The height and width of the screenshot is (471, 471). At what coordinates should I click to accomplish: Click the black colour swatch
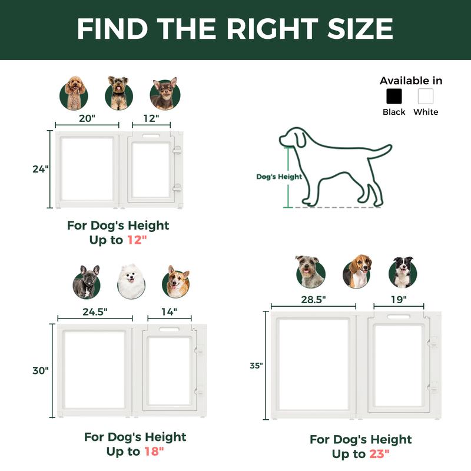(x=394, y=96)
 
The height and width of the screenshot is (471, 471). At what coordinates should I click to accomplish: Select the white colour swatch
(x=425, y=96)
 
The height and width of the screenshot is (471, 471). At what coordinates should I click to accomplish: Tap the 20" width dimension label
(x=87, y=118)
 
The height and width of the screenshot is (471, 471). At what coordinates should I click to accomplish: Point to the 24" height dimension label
(x=41, y=169)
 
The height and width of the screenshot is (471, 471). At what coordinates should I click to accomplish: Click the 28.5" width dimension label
(x=313, y=300)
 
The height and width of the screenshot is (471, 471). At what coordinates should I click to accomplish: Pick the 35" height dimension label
(x=256, y=366)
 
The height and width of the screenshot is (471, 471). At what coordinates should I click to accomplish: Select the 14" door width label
(x=169, y=312)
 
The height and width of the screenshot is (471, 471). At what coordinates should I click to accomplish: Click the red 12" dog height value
(x=137, y=240)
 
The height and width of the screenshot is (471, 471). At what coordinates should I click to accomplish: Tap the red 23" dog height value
(x=379, y=454)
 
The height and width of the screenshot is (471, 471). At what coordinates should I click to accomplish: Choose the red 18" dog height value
(x=154, y=452)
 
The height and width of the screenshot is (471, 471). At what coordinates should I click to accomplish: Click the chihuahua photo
(x=165, y=94)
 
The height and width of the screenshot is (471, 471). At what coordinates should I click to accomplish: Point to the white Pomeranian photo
(x=131, y=282)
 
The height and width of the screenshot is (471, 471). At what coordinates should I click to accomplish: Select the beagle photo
(x=357, y=271)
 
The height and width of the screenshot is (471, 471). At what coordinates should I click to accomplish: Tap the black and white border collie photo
(x=403, y=272)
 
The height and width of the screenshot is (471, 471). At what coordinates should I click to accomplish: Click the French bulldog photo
(x=87, y=282)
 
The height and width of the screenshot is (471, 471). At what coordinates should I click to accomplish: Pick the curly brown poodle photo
(x=74, y=93)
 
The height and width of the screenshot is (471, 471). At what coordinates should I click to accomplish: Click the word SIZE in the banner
(x=360, y=28)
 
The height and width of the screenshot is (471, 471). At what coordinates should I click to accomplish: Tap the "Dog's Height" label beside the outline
(x=279, y=177)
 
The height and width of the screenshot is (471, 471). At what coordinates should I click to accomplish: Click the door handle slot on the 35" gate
(x=399, y=317)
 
